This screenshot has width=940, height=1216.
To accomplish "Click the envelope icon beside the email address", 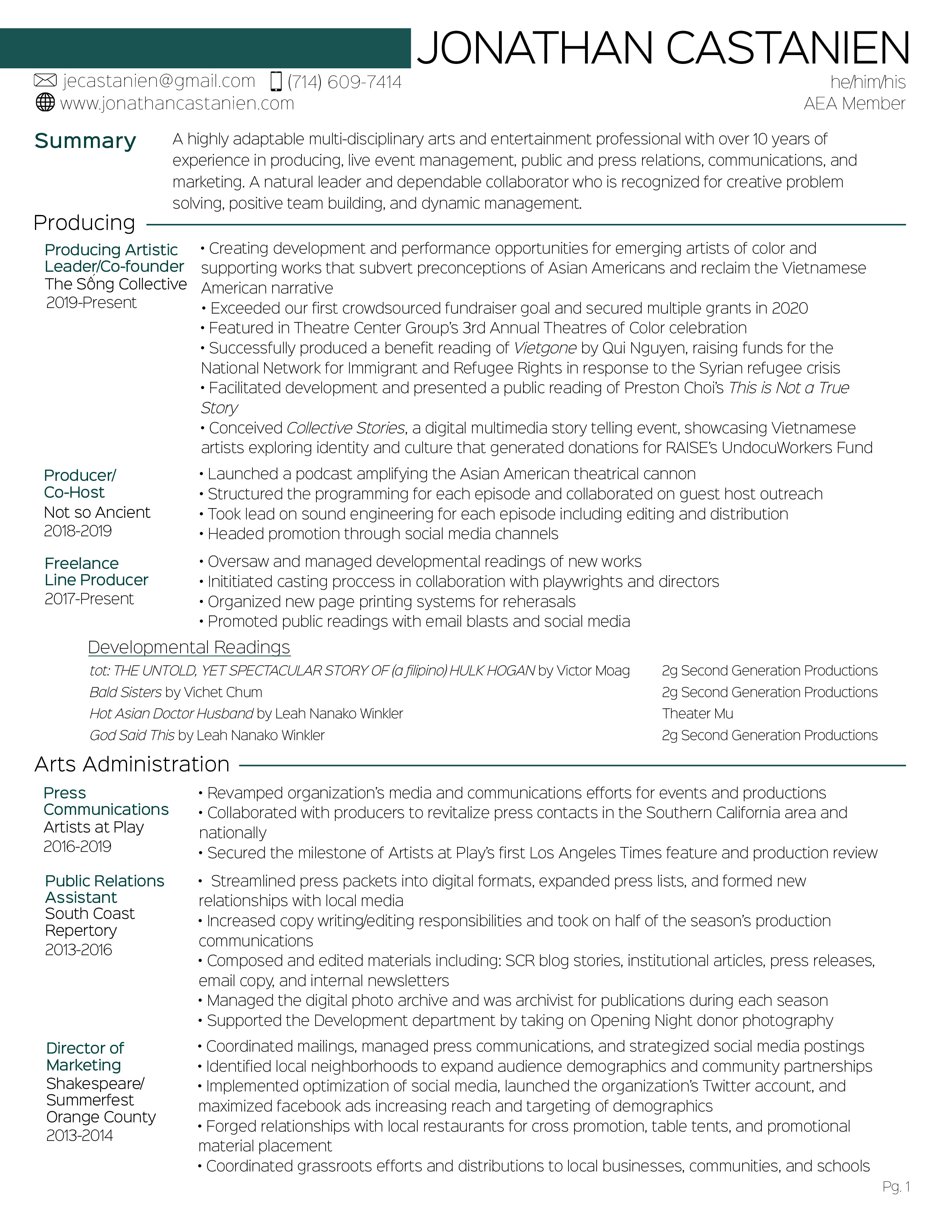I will tap(45, 81).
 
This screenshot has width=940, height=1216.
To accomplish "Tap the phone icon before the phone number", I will tap(276, 81).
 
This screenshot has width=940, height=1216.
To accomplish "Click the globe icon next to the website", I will tap(45, 103).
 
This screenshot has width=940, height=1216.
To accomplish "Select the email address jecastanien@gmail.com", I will tap(159, 81).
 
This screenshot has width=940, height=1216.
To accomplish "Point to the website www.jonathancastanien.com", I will tap(177, 104).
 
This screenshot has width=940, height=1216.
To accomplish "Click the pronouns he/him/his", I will tap(868, 82).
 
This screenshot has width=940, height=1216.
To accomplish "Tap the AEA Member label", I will tap(854, 104).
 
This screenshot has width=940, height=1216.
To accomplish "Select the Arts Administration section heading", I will tap(132, 765).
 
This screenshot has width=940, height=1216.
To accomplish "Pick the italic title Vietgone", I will tap(545, 348).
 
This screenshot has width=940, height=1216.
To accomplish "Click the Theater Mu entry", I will tap(697, 714).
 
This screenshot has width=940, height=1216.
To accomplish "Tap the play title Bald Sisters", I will tap(126, 692).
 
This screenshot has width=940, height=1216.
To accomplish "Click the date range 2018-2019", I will tap(78, 531).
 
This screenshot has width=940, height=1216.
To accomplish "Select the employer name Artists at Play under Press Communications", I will tap(94, 827).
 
